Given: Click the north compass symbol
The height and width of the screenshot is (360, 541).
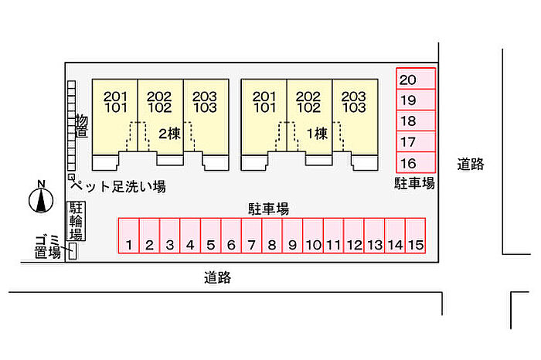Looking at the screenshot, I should click(39, 199).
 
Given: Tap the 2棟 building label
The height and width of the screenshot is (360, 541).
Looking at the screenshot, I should click(168, 132).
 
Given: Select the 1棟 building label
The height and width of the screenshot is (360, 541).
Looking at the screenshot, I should click(317, 132).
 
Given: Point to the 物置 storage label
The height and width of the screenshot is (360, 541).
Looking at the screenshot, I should click(81, 126).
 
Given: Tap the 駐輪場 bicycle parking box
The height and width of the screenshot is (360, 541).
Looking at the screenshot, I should click(77, 221).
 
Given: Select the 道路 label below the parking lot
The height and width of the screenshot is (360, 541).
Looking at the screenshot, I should click(218, 277).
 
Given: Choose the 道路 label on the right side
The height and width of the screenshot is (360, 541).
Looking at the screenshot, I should click(470, 164).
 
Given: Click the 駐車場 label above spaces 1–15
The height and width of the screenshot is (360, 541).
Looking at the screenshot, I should click(268, 208).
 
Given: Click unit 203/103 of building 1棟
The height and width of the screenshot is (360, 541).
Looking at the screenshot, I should click(354, 102).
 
